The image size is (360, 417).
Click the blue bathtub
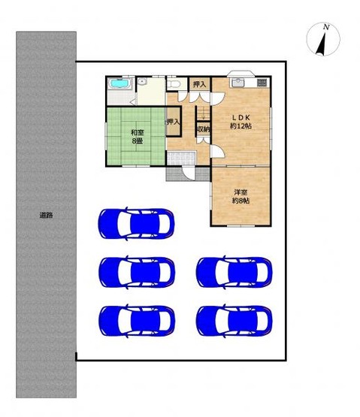pyautogui.click(x=120, y=83)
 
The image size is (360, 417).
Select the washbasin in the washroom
pyautogui.click(x=142, y=82)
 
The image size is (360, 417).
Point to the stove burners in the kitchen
pyautogui.click(x=262, y=83)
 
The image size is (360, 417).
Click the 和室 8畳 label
pyautogui.click(x=138, y=137)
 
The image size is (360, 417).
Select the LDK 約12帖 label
pyautogui.click(x=241, y=122)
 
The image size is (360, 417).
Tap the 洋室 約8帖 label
pyautogui.click(x=241, y=196)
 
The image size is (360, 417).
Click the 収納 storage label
pyautogui.click(x=204, y=129)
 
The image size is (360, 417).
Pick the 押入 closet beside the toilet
pyautogui.click(x=200, y=84)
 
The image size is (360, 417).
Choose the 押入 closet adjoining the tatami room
pyautogui.click(x=174, y=121)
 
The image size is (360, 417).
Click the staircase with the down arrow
pyautogui.click(x=204, y=113)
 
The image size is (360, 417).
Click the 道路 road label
pyautogui.click(x=47, y=215)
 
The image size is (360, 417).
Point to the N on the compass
pyautogui.click(x=326, y=27)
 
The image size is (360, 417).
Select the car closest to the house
pyautogui.click(x=137, y=224)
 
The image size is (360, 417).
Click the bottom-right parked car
pyautogui.click(x=234, y=322)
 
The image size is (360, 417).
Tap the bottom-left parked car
pyautogui.click(x=137, y=322)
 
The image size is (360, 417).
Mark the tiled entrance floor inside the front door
pyautogui.click(x=181, y=159)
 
